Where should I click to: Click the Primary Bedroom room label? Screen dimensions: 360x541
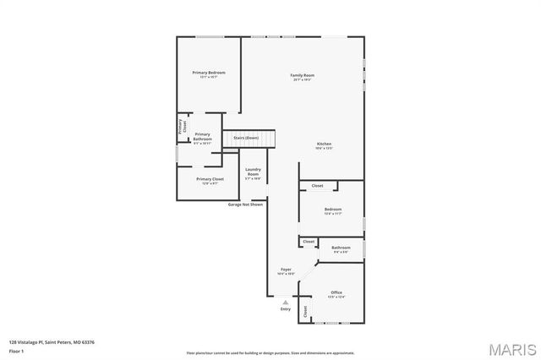pyautogui.click(x=208, y=74)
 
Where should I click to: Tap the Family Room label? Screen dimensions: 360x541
pyautogui.click(x=303, y=76)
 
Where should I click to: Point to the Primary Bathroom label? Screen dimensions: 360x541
pyautogui.click(x=202, y=136)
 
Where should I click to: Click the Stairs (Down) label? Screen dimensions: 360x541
pyautogui.click(x=246, y=137)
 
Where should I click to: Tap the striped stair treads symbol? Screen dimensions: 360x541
pyautogui.click(x=265, y=138)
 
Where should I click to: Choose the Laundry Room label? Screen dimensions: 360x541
pyautogui.click(x=253, y=173)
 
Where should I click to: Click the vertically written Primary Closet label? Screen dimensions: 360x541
pyautogui.click(x=182, y=127)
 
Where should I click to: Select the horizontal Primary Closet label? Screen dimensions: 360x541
pyautogui.click(x=210, y=179)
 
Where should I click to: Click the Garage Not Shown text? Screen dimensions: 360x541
pyautogui.click(x=245, y=205)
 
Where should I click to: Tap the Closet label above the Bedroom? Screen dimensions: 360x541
pyautogui.click(x=317, y=186)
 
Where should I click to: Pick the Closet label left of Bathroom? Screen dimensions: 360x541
pyautogui.click(x=309, y=242)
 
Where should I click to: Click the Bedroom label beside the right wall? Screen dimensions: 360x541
pyautogui.click(x=333, y=209)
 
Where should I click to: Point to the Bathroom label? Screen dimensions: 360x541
pyautogui.click(x=341, y=248)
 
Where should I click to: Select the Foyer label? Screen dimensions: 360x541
pyautogui.click(x=286, y=270)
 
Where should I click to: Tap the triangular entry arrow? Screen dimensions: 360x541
pyautogui.click(x=286, y=302)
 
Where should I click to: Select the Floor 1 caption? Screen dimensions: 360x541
pyautogui.click(x=18, y=351)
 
